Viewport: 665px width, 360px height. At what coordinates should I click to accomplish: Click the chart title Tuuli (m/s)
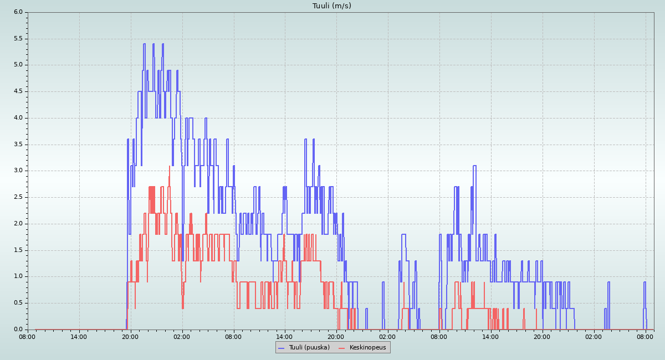click(x=331, y=6)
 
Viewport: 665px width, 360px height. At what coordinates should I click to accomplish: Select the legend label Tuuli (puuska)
click(x=309, y=348)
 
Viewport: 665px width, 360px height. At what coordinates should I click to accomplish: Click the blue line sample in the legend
click(x=281, y=348)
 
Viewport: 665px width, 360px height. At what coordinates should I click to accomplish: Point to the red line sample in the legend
click(x=341, y=348)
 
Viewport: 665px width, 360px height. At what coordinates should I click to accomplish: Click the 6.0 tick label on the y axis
click(x=18, y=12)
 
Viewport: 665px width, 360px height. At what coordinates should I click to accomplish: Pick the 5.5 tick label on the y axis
click(x=18, y=39)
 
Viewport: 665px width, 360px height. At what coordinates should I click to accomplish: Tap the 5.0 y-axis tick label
click(x=18, y=65)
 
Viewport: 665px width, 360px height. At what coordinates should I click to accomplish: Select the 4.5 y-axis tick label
click(x=18, y=91)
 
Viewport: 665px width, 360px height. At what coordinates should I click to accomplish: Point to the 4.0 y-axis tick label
click(x=18, y=118)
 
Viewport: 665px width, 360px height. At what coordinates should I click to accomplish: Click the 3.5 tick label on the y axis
click(x=18, y=145)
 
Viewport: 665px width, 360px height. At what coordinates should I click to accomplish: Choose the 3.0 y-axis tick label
click(x=18, y=171)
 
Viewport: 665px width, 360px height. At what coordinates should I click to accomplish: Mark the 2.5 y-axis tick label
click(x=18, y=197)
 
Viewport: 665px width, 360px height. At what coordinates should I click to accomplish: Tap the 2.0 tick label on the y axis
click(x=18, y=224)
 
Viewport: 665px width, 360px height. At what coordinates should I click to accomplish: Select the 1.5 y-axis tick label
click(x=18, y=250)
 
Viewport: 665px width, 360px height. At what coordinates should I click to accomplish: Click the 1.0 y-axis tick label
click(x=18, y=276)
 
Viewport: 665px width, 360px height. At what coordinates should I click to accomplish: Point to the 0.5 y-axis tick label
click(x=18, y=303)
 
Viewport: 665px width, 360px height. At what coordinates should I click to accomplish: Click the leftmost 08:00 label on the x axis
click(x=28, y=336)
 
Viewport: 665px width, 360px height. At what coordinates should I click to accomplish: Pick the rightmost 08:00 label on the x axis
click(x=645, y=336)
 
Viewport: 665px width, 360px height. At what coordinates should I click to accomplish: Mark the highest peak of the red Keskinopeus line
click(x=169, y=166)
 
